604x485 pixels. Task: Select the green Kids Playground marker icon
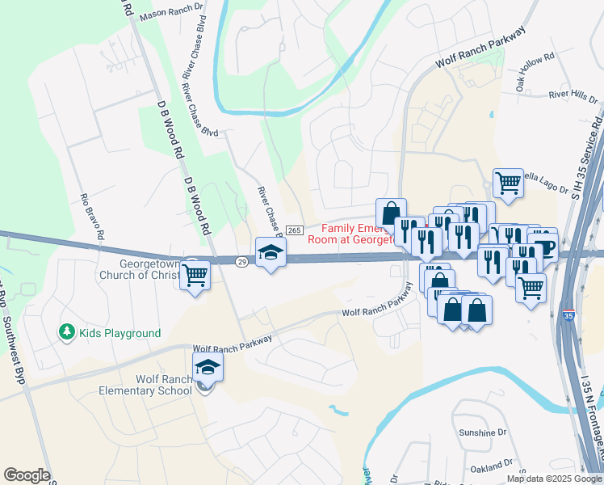pos(65,332)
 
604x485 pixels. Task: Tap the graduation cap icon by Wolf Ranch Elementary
pos(208,368)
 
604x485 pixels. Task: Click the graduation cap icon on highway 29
pos(271,252)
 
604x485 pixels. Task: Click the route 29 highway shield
pos(241,261)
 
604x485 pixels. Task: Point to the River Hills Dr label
pos(573,97)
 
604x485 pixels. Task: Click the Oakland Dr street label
pos(491,466)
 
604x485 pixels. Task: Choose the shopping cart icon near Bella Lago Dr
pos(508,183)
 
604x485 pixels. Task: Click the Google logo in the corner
pos(27,475)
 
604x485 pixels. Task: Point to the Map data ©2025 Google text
pos(553,479)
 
